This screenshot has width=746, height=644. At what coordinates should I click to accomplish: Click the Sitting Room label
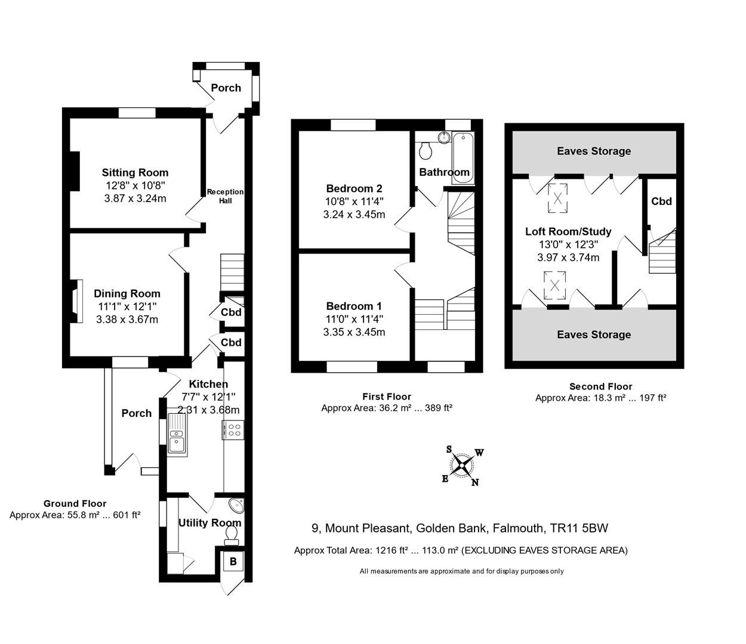tap(135, 173)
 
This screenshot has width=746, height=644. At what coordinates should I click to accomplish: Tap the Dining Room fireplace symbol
tap(74, 301)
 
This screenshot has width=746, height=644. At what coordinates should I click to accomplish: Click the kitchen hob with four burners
tap(233, 430)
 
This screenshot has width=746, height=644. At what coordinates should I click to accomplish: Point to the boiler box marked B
tap(233, 562)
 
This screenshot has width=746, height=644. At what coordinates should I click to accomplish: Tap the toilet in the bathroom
tap(426, 151)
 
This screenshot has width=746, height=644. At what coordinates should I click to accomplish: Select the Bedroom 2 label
tap(354, 188)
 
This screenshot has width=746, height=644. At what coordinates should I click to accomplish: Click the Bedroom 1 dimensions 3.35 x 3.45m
tap(354, 332)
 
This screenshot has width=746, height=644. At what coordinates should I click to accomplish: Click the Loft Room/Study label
tap(568, 231)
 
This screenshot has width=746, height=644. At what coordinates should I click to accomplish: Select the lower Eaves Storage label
tap(594, 335)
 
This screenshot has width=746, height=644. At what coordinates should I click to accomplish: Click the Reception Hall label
tap(225, 196)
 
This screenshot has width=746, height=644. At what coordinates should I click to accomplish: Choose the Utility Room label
tap(209, 523)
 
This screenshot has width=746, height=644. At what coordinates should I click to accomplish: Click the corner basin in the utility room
tap(238, 506)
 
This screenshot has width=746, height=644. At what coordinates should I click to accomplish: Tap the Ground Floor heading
tap(75, 503)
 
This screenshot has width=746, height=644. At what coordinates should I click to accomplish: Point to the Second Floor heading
tap(600, 386)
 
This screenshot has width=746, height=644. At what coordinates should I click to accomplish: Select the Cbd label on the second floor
tap(661, 202)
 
